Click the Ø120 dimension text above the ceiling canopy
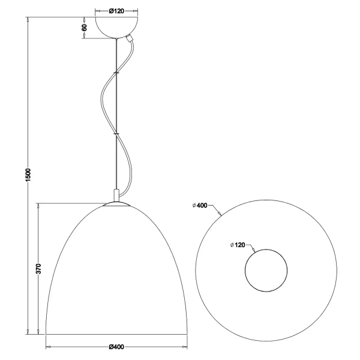tap(116, 11)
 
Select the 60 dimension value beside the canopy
tap(85, 27)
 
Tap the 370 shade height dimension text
tap(38, 269)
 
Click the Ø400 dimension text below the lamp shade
tap(116, 347)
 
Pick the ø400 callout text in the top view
tap(200, 205)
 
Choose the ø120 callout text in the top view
tap(238, 245)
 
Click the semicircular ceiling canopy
tap(116, 26)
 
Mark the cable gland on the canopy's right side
tap(128, 38)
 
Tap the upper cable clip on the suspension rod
tap(116, 74)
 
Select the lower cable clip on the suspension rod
tap(116, 134)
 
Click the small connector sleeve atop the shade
tap(116, 196)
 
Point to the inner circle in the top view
tap(265, 269)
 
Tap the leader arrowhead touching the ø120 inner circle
tap(256, 250)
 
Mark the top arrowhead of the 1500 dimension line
tap(28, 19)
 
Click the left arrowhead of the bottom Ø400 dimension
tap(48, 347)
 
